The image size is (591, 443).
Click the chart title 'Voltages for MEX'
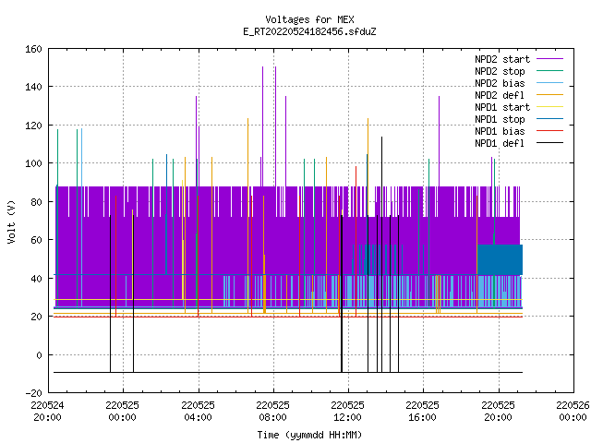tap(309, 19)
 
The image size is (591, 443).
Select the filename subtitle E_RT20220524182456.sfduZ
tap(309, 31)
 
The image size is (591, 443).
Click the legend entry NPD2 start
tap(519, 59)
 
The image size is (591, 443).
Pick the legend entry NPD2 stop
tap(519, 71)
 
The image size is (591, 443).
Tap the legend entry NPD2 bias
tap(519, 83)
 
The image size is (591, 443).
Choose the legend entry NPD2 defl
tap(519, 95)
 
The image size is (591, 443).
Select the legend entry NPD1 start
tap(519, 107)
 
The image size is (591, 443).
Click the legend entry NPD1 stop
tap(519, 119)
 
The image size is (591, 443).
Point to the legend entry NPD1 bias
tap(519, 131)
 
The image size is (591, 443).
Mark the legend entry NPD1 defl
tap(519, 143)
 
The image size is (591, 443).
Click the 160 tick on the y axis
tap(33, 49)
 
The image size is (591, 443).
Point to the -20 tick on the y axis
tap(33, 393)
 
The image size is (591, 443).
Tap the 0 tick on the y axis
tap(39, 354)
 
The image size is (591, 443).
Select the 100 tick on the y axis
tap(33, 163)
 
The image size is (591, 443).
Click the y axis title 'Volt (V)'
tap(11, 221)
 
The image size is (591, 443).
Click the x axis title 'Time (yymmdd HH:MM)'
tap(309, 435)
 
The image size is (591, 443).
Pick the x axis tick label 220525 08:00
tap(273, 412)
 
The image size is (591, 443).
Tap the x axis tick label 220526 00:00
tap(573, 412)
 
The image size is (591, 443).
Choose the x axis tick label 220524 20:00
tap(47, 412)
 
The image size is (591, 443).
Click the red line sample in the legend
tap(550, 131)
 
